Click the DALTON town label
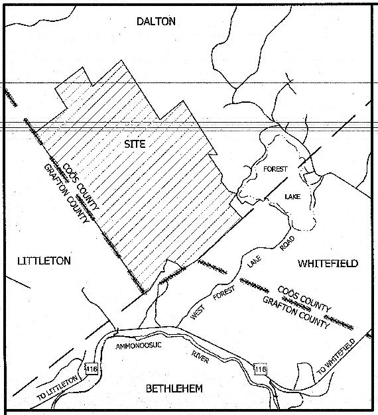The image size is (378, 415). [x=156, y=21]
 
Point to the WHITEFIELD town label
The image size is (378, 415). [x=328, y=264]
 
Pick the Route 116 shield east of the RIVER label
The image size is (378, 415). [x=260, y=368]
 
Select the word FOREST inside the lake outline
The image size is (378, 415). [x=275, y=170]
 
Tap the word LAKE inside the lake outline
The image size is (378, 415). [x=292, y=196]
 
